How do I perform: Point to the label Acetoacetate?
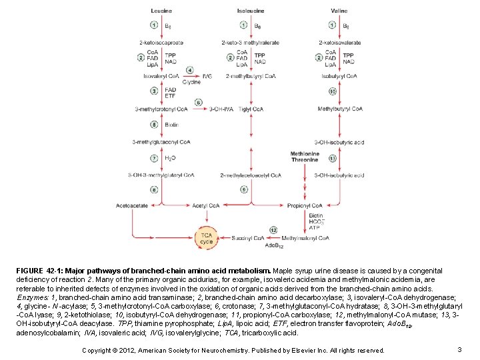click(131, 206)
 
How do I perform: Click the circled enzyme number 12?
click(274, 230)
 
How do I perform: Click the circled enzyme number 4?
click(190, 70)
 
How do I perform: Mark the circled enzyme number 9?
click(244, 190)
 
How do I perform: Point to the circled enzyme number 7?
click(154, 158)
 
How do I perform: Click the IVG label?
click(207, 76)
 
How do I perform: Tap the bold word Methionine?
click(305, 154)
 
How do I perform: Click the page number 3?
click(460, 349)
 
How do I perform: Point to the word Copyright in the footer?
click(97, 350)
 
